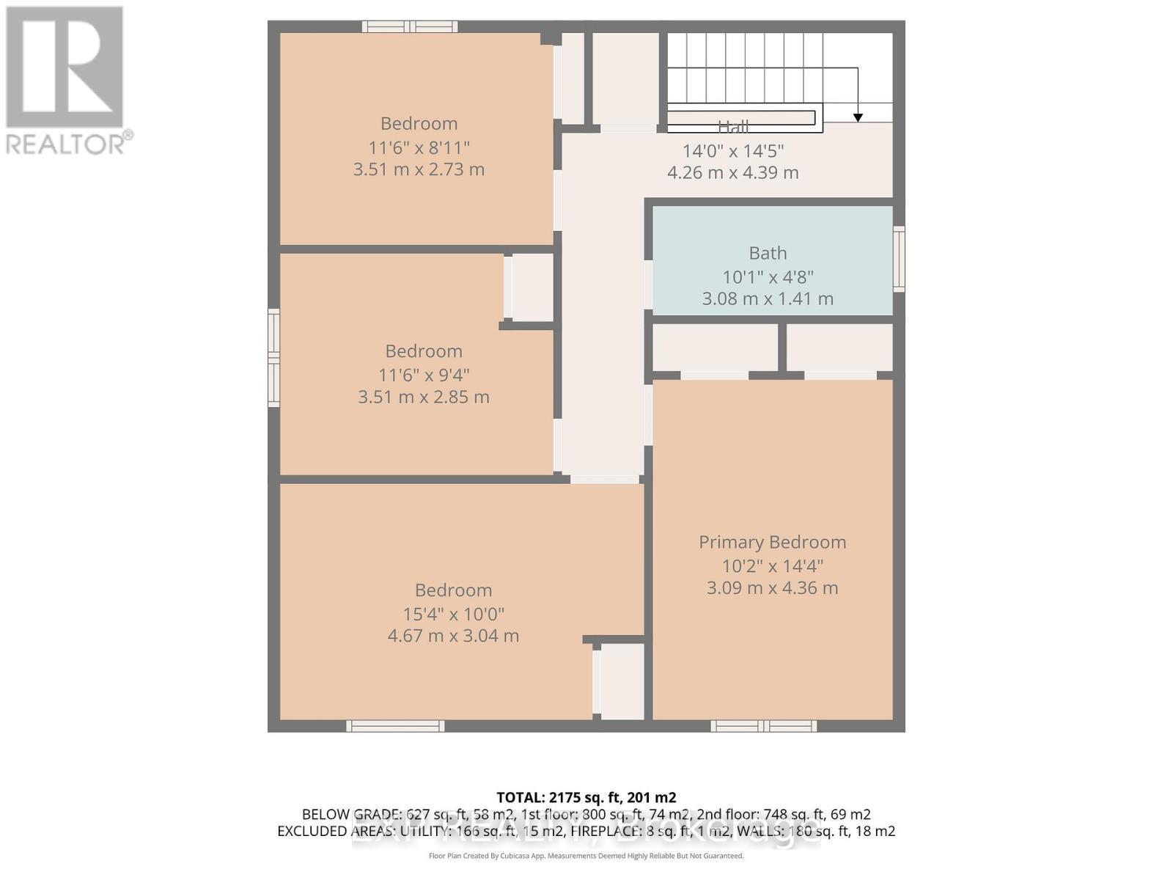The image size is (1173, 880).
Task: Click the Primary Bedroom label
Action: [772, 542]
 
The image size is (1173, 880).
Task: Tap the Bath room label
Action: [768, 253]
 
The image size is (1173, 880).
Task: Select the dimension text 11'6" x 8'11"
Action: [419, 147]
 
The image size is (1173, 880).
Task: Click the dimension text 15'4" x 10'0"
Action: [453, 614]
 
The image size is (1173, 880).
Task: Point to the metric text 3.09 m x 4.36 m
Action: [772, 587]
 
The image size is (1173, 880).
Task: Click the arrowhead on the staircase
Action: [858, 117]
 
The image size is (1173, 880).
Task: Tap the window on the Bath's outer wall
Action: [898, 259]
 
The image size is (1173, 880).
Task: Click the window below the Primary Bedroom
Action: [763, 726]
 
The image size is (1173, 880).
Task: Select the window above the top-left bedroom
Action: [410, 27]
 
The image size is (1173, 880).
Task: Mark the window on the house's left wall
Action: [273, 357]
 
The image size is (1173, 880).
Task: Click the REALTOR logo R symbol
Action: [65, 67]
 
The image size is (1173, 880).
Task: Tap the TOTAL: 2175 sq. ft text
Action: [586, 797]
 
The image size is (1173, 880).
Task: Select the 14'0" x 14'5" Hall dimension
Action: [732, 151]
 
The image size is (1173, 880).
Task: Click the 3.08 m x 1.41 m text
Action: [768, 298]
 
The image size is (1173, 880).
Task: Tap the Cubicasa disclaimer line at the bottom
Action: [586, 856]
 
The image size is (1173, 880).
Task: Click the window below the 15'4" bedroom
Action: [395, 726]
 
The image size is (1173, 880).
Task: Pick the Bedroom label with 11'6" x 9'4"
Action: [423, 351]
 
